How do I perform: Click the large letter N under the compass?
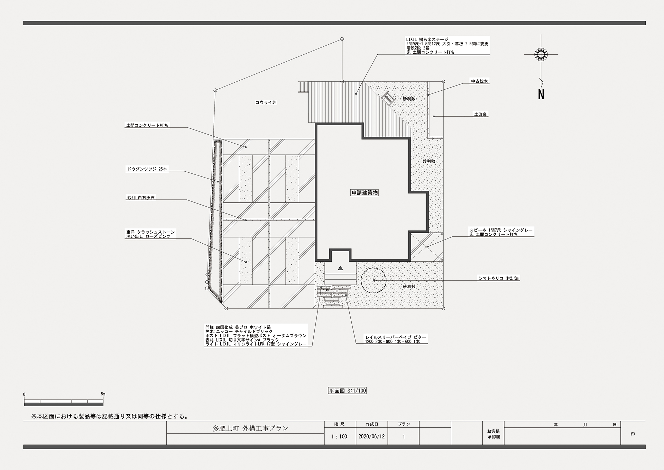(541, 94)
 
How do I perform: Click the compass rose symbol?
(541, 54)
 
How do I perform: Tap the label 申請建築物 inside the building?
(365, 193)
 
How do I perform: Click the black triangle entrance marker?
(340, 268)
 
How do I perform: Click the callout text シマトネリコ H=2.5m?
(499, 278)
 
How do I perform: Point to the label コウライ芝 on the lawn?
(266, 102)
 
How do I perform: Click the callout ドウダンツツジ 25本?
(147, 169)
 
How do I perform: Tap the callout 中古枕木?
(479, 81)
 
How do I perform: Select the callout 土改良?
(480, 114)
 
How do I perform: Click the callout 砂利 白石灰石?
(141, 198)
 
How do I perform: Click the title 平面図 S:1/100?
(347, 391)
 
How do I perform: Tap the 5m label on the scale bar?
(103, 394)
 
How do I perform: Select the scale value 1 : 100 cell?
(339, 436)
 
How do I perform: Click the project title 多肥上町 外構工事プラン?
(250, 428)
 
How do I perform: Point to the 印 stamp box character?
(633, 434)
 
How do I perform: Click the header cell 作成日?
(372, 424)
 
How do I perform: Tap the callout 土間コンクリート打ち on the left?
(147, 125)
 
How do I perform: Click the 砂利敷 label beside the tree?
(409, 287)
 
